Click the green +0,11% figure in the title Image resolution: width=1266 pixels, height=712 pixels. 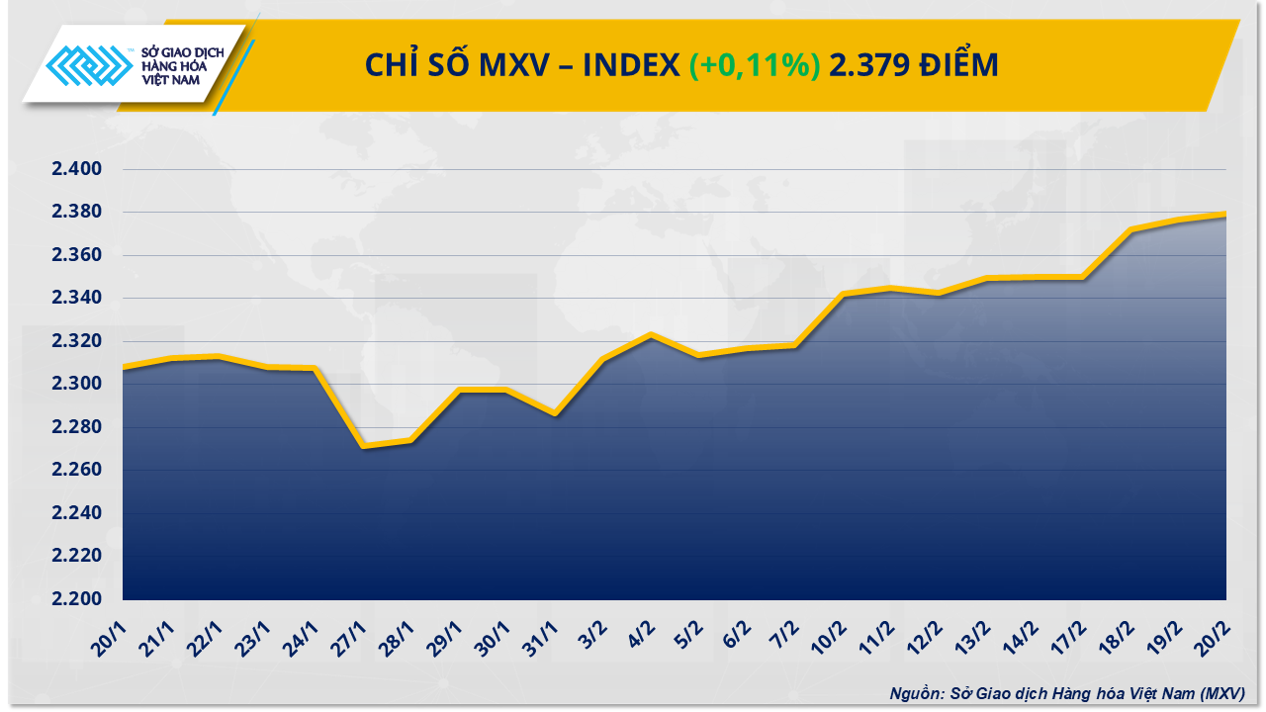tap(754, 65)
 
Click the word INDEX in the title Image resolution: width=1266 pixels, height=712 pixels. tap(629, 65)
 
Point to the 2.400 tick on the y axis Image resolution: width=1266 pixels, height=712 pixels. tap(77, 170)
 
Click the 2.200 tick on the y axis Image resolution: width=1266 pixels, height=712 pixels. tap(77, 599)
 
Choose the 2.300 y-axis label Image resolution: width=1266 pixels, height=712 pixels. tap(77, 385)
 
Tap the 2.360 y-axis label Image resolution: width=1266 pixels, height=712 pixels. tap(77, 256)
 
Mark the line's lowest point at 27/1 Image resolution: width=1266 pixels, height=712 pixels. tap(363, 447)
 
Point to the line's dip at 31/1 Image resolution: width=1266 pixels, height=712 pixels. tap(555, 414)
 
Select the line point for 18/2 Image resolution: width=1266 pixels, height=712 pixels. tap(1131, 230)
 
